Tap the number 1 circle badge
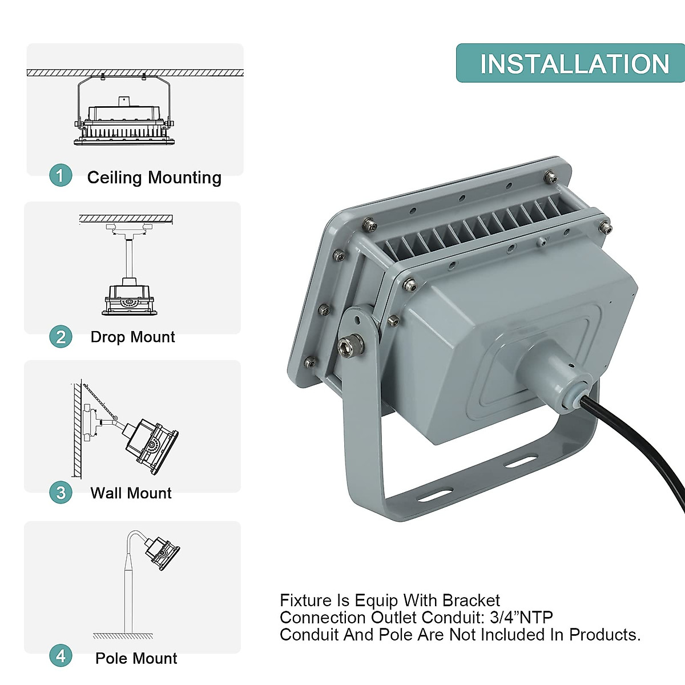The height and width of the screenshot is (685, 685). (61, 175)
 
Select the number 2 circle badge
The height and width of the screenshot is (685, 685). (61, 337)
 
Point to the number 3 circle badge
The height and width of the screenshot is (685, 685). (61, 493)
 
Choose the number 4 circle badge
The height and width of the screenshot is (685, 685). (61, 656)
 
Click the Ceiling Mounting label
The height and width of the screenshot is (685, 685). (154, 178)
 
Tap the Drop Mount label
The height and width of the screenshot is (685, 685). (132, 337)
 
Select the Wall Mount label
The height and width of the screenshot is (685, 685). (131, 493)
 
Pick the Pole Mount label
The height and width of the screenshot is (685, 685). (136, 658)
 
